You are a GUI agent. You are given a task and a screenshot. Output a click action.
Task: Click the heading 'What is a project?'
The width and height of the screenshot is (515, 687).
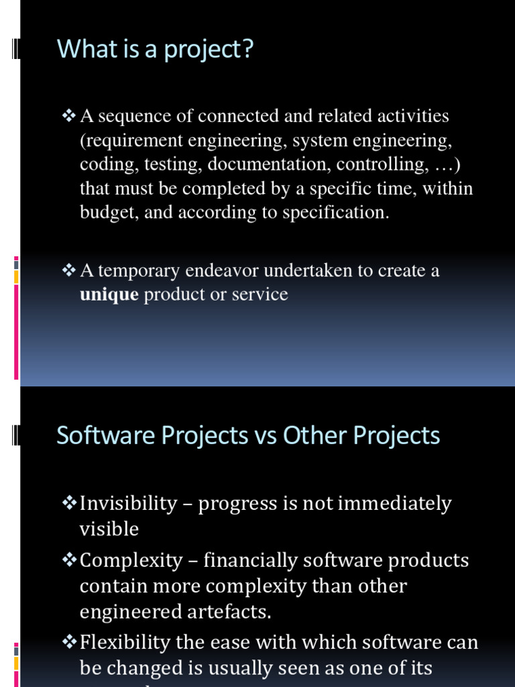[x=156, y=50]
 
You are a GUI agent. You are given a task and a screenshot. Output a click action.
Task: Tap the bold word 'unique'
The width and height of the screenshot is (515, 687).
[x=109, y=295]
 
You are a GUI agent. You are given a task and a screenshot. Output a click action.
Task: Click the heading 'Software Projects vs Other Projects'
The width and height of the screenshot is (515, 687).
[x=248, y=435]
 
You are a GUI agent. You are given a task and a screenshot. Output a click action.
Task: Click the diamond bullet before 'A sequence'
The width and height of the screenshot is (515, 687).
[x=69, y=116]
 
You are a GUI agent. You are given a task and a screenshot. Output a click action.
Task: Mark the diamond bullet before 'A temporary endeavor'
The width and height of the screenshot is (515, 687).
[x=69, y=270]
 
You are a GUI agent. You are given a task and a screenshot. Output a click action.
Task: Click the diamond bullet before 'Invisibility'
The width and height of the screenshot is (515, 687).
[x=69, y=503]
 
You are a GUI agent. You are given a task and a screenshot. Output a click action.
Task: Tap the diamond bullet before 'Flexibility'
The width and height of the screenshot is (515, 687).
[x=69, y=642]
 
